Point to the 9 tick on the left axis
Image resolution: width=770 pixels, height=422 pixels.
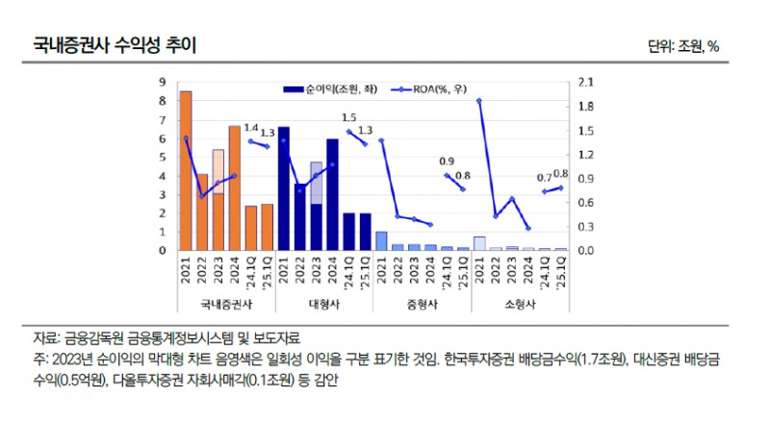pyautogui.click(x=163, y=83)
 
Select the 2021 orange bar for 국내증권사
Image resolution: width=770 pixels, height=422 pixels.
pyautogui.click(x=186, y=170)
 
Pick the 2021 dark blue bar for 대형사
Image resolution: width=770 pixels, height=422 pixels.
pyautogui.click(x=284, y=188)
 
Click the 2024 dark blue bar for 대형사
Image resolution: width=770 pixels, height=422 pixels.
pyautogui.click(x=332, y=194)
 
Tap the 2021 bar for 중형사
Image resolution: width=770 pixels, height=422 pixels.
pyautogui.click(x=381, y=240)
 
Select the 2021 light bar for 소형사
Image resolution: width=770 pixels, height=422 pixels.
pyautogui.click(x=479, y=243)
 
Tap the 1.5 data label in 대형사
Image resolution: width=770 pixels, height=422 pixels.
pyautogui.click(x=348, y=117)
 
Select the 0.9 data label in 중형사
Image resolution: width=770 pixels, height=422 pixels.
pyautogui.click(x=447, y=161)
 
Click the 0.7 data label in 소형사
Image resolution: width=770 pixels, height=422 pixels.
pyautogui.click(x=545, y=177)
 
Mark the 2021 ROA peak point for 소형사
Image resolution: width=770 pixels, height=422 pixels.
pyautogui.click(x=479, y=100)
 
